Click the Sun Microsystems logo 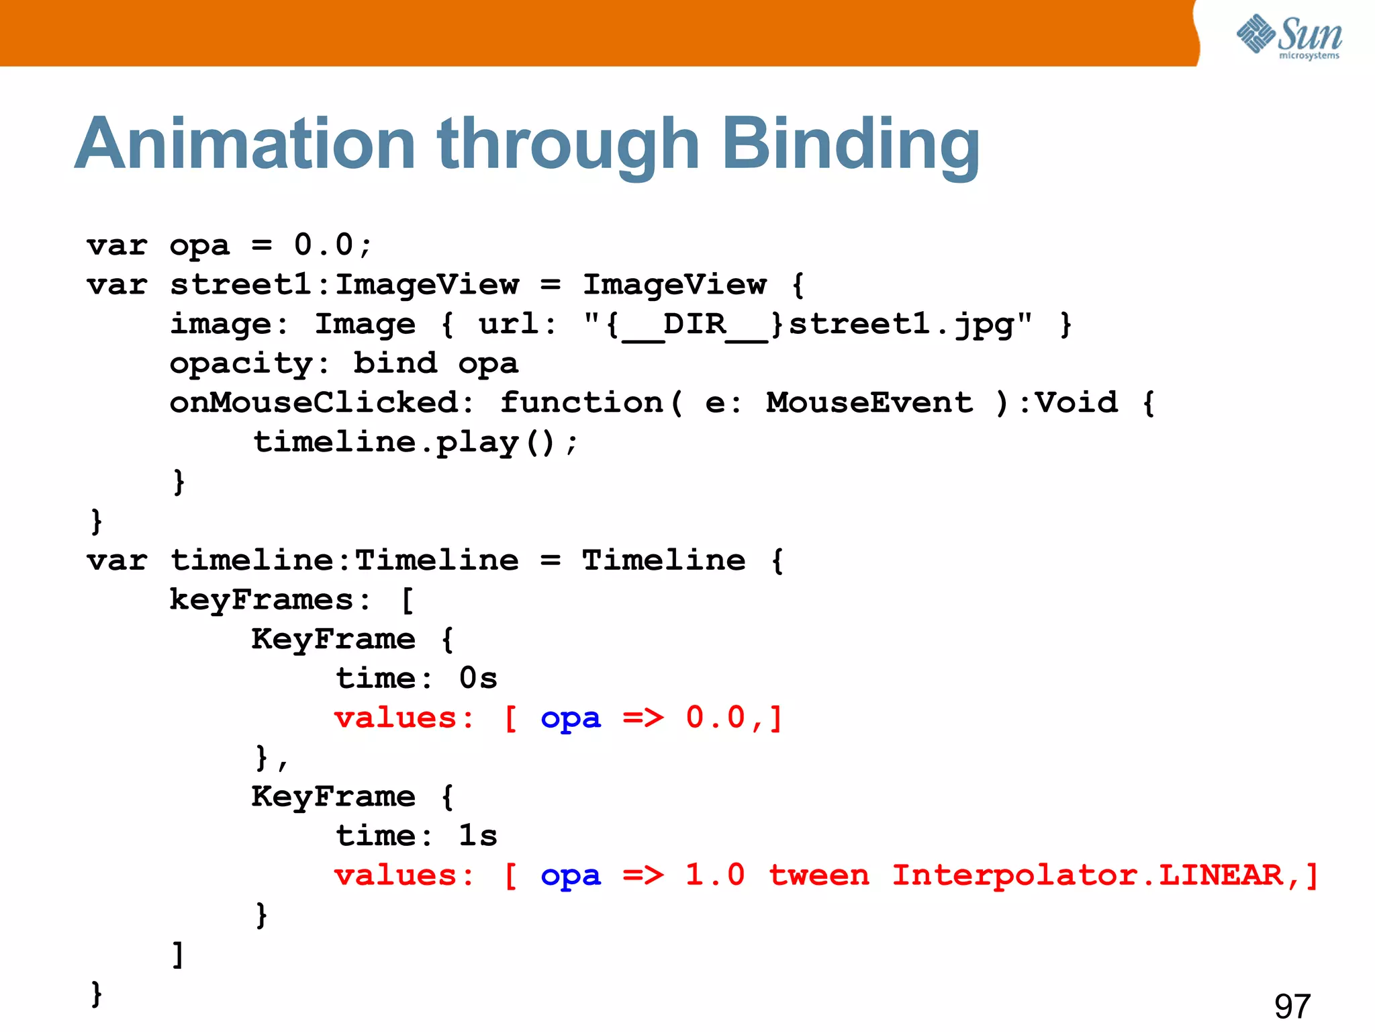click(x=1289, y=36)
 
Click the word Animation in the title click(x=246, y=144)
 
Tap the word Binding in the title click(x=850, y=144)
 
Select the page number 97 click(x=1292, y=1006)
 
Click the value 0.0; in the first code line click(x=333, y=245)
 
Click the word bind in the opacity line click(x=395, y=364)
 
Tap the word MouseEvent click(x=869, y=403)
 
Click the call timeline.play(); click(x=416, y=443)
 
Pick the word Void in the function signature click(x=1076, y=403)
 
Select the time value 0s click(x=478, y=679)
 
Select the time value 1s click(x=478, y=836)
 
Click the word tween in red click(x=819, y=875)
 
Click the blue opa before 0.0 click(x=571, y=719)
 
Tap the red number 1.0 click(x=715, y=875)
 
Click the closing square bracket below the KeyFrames click(x=178, y=954)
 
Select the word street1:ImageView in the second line click(x=344, y=285)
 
